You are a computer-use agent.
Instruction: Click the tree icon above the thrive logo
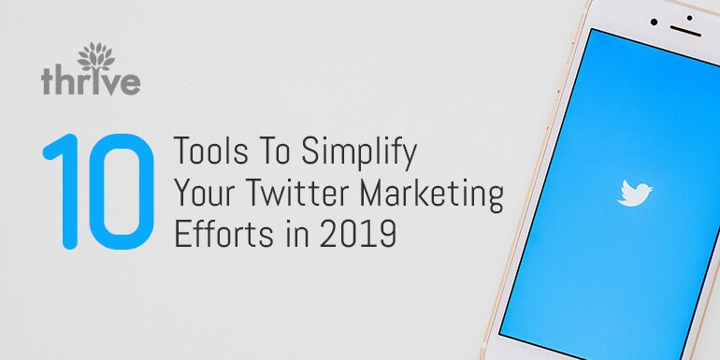96,57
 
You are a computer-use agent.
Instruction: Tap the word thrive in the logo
91,81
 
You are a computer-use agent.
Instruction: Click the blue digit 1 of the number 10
63,192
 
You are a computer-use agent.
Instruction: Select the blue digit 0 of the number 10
122,192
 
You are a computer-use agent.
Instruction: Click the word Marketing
432,196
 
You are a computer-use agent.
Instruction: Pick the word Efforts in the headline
219,234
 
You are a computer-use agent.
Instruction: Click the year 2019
358,234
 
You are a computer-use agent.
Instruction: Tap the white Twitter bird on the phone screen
635,193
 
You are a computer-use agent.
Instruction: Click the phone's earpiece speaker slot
685,30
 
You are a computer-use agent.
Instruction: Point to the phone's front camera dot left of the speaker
654,22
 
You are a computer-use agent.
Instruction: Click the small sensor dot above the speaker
689,18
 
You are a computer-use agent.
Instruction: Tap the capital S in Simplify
310,151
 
